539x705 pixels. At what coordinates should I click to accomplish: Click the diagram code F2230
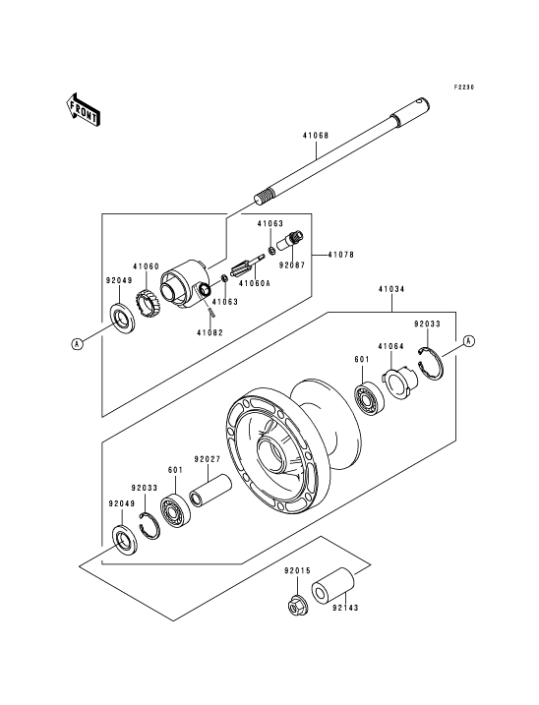[463, 88]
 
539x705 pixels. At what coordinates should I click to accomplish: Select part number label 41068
[315, 135]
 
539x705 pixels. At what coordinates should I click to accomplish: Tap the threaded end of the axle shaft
[265, 197]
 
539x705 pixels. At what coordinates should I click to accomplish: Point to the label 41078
[340, 255]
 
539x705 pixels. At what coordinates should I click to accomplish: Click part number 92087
[291, 265]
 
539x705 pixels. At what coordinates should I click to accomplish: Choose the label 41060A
[255, 283]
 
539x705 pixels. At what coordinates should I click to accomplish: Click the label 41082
[210, 332]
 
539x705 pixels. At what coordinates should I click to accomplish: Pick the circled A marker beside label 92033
[469, 341]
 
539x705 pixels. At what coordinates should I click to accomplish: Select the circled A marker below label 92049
[78, 344]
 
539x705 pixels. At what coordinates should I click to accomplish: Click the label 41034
[391, 289]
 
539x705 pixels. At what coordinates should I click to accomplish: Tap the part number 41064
[390, 346]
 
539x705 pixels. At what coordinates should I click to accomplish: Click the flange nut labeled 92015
[296, 608]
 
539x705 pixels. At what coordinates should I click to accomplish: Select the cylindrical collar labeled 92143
[332, 587]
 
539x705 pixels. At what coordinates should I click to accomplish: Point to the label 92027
[208, 459]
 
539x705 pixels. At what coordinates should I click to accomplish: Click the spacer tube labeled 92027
[210, 492]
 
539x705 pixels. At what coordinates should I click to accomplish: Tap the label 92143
[345, 608]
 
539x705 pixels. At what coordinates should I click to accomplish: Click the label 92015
[297, 571]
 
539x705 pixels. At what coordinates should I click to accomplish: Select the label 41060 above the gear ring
[146, 266]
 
